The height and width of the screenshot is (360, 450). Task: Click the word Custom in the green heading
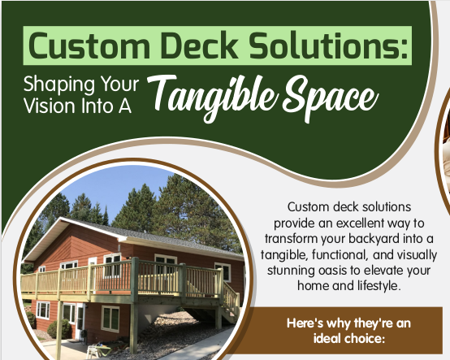pos(89,46)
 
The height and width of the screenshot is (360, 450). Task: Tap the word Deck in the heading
pos(200,46)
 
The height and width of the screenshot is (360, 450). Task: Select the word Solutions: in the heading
pos(328,46)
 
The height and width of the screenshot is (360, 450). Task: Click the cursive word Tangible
pos(213,98)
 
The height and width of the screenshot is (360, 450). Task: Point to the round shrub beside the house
pos(59,329)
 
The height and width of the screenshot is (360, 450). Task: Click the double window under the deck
pos(110,319)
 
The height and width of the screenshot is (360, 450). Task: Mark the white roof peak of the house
pos(61,219)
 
